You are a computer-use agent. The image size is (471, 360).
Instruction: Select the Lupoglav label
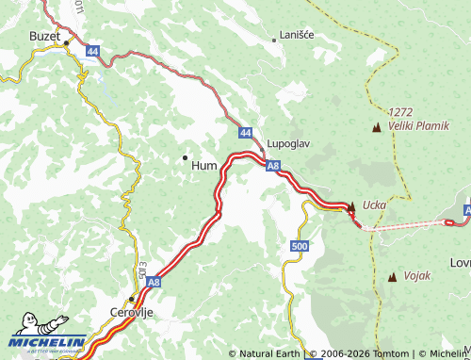tap(288, 144)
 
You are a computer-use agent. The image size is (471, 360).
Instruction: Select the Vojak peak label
tap(416, 275)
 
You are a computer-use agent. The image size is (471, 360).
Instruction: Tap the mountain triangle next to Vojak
tap(392, 276)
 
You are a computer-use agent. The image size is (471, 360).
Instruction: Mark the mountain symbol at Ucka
tap(351, 205)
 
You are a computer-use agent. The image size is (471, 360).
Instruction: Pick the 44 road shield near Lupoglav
tap(245, 134)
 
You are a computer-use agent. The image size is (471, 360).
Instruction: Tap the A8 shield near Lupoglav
tap(272, 167)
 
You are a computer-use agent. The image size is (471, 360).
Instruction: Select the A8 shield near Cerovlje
tap(154, 280)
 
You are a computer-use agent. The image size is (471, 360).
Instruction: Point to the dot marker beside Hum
tap(185, 156)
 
